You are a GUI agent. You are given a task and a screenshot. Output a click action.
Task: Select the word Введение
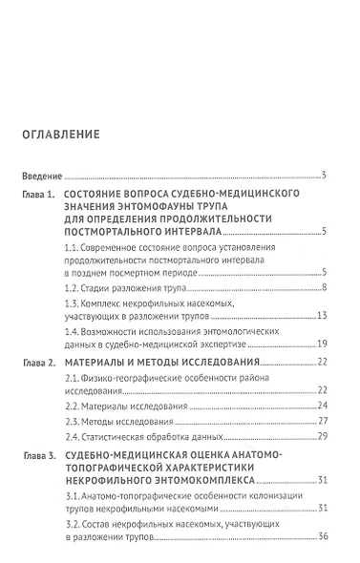tap(41, 177)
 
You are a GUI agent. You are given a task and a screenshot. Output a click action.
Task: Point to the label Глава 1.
tap(41, 194)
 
